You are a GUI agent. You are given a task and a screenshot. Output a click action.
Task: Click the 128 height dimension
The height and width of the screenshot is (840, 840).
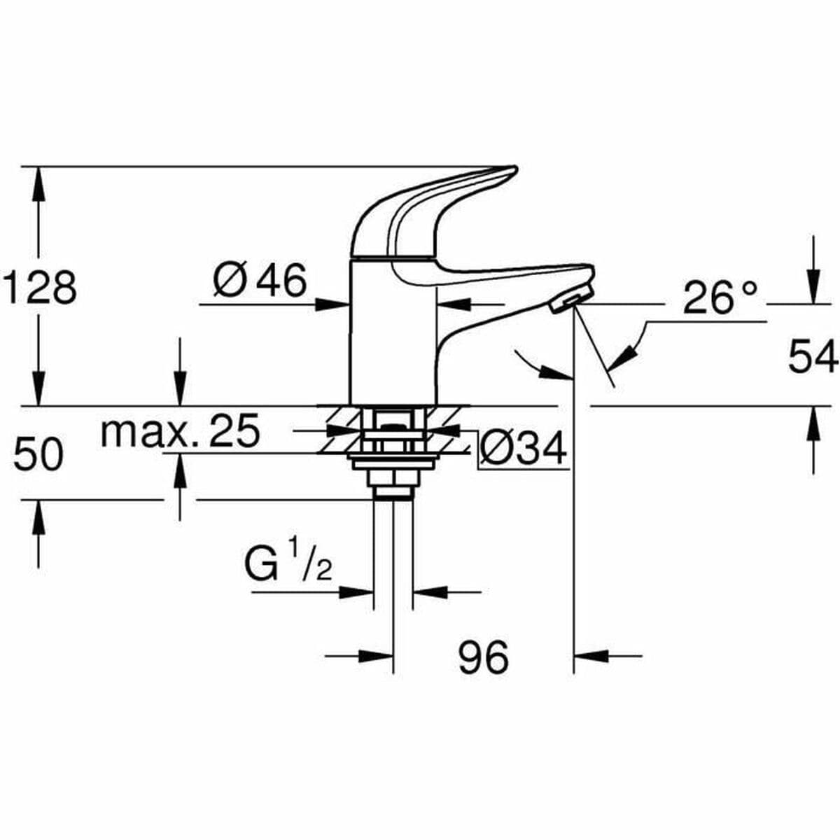pyautogui.click(x=40, y=287)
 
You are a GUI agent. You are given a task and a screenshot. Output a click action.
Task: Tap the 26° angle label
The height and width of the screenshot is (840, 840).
pyautogui.click(x=720, y=297)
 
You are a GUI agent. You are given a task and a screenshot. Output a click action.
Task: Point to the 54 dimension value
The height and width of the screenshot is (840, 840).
pyautogui.click(x=812, y=356)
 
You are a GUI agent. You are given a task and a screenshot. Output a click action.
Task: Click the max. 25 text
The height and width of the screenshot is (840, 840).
pyautogui.click(x=180, y=432)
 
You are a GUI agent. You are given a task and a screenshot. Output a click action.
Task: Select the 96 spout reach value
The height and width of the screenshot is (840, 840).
pyautogui.click(x=484, y=657)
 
